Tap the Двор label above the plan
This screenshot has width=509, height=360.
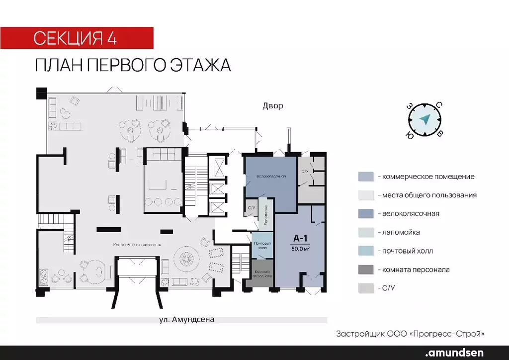[x=272, y=106]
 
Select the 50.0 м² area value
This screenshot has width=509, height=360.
[x=300, y=249]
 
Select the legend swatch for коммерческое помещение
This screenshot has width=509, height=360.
[x=365, y=177]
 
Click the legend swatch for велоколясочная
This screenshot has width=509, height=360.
[x=365, y=214]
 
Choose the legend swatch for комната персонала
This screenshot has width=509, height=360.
[x=365, y=270]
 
